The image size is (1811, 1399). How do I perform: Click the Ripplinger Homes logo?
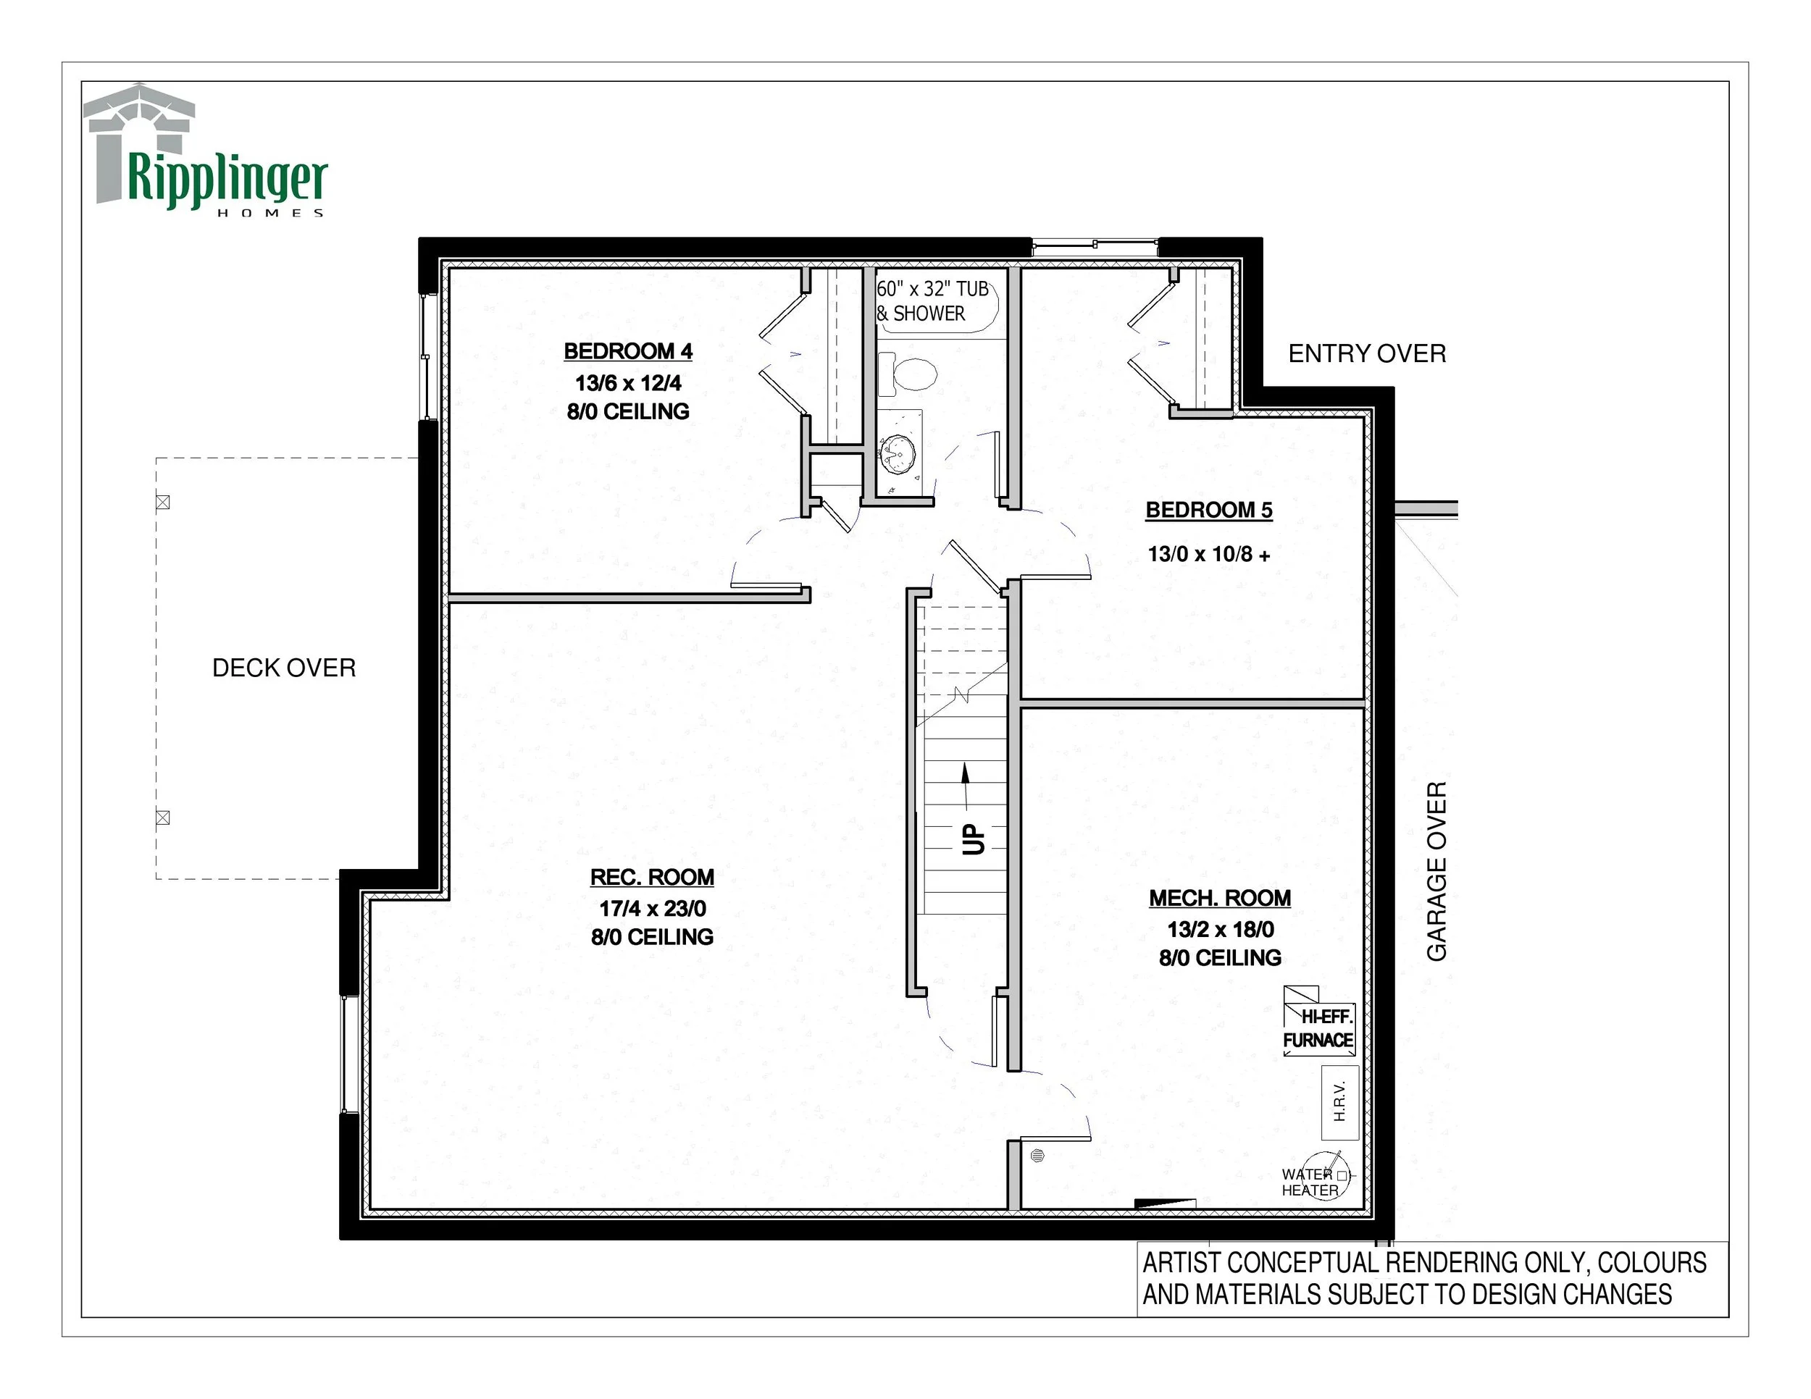[207, 150]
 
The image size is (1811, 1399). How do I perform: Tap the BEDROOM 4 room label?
[628, 351]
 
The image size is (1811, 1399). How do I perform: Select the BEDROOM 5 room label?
[1209, 511]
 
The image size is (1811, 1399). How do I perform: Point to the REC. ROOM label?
[652, 877]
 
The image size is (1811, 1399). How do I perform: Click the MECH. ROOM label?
[1220, 898]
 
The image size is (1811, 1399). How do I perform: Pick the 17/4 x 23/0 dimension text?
[653, 908]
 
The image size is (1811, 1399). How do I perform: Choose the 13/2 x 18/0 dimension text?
[1221, 929]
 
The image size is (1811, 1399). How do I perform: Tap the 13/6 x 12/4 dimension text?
[628, 383]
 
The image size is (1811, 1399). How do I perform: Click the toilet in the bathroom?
[907, 373]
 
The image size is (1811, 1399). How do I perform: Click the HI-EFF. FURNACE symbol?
[1318, 1020]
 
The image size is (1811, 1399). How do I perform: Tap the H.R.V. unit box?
[1339, 1102]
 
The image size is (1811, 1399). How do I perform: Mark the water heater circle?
[1325, 1175]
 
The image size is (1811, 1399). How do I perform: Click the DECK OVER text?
[283, 668]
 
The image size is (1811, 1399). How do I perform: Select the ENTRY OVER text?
[1366, 354]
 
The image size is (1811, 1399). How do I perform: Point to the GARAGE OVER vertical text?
[1436, 871]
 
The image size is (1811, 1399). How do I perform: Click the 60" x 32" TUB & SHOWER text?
[933, 301]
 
